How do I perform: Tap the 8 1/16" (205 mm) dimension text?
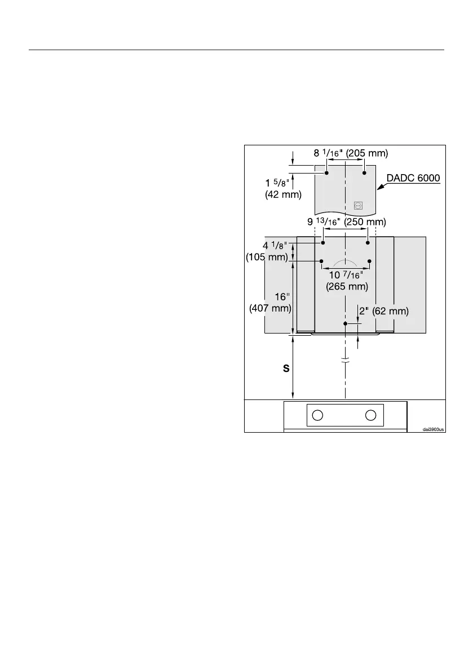(351, 153)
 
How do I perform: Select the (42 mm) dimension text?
(284, 195)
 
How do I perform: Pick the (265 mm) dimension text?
(347, 286)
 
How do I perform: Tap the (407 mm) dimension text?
(270, 308)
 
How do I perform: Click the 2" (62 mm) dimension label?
(383, 311)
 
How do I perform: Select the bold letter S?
(286, 369)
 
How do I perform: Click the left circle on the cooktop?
(317, 415)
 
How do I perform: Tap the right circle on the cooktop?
(370, 415)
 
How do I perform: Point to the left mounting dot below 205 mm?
(326, 172)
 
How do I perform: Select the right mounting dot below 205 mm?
(364, 172)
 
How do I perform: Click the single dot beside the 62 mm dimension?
(346, 324)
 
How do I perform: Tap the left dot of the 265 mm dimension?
(321, 261)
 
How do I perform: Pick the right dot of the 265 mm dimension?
(369, 261)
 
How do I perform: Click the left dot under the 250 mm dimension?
(323, 243)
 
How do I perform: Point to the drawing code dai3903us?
(434, 429)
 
